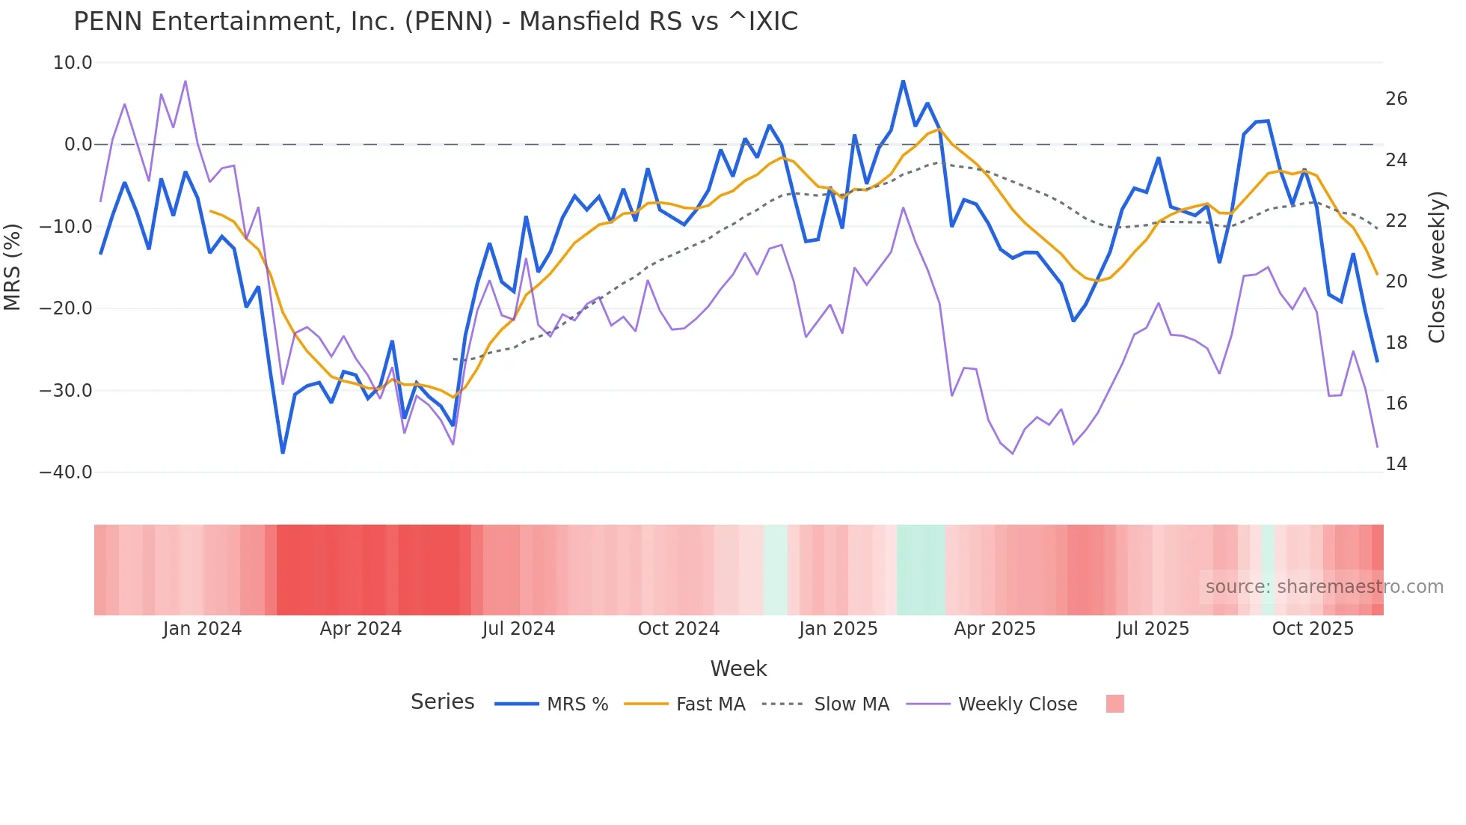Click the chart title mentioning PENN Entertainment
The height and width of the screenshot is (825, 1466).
435,22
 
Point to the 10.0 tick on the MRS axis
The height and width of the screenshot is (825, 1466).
73,63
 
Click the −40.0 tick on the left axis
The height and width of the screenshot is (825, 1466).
66,472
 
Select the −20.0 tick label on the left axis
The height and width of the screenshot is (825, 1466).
66,308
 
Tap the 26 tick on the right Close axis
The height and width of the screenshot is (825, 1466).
1396,99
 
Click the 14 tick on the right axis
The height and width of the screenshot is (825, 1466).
1396,464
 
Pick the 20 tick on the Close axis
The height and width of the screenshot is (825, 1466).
1396,281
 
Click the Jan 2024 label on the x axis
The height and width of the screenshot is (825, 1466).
202,629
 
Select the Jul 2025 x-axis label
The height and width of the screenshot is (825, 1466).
1153,629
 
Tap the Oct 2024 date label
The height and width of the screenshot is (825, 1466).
678,629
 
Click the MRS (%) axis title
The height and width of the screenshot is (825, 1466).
13,267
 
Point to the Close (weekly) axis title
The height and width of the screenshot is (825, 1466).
1437,267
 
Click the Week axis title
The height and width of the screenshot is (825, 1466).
738,669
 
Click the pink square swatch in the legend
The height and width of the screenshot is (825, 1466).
1114,704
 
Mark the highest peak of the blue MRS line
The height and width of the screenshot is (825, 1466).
903,81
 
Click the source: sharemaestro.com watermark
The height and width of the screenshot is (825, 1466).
1324,587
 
